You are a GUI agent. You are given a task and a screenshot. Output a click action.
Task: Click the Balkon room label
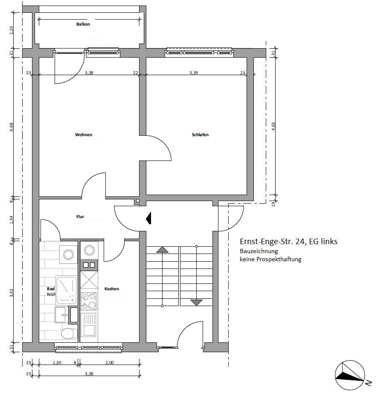[83, 24]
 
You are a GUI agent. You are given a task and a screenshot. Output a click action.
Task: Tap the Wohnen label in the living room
[84, 135]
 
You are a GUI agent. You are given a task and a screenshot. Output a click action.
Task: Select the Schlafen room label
[200, 135]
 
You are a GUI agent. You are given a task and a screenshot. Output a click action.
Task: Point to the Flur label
[80, 216]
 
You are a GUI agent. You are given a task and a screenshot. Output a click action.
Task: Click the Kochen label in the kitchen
[112, 289]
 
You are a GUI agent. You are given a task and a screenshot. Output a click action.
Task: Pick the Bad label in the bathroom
[51, 289]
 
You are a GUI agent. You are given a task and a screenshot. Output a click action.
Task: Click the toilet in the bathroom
[69, 333]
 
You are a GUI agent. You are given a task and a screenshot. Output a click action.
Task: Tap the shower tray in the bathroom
[66, 290]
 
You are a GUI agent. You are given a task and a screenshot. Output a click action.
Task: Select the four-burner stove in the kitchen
[89, 301]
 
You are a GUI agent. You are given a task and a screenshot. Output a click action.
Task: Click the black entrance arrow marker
[149, 218]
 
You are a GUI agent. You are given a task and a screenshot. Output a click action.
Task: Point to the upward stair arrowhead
[163, 250]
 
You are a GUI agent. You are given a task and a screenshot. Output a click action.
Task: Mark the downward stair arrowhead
[196, 303]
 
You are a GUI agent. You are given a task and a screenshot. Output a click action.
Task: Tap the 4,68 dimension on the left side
[11, 127]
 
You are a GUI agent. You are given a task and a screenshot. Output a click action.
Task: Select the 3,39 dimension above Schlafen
[193, 73]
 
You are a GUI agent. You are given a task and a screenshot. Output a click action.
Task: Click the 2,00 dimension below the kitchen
[110, 362]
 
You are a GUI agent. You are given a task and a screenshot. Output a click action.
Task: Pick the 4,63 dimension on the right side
[273, 126]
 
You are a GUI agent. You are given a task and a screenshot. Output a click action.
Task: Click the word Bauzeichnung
[259, 251]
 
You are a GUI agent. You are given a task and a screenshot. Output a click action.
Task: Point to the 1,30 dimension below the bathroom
[57, 362]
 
